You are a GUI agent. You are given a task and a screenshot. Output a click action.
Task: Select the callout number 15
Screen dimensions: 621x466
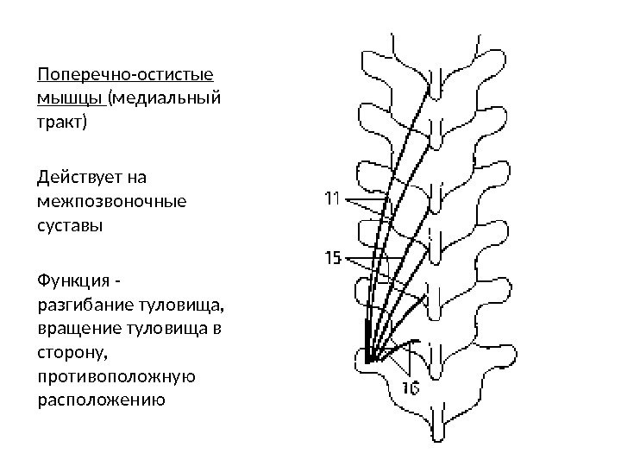point(333,257)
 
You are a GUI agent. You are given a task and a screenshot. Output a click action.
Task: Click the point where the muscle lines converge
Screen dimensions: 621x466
point(367,359)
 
